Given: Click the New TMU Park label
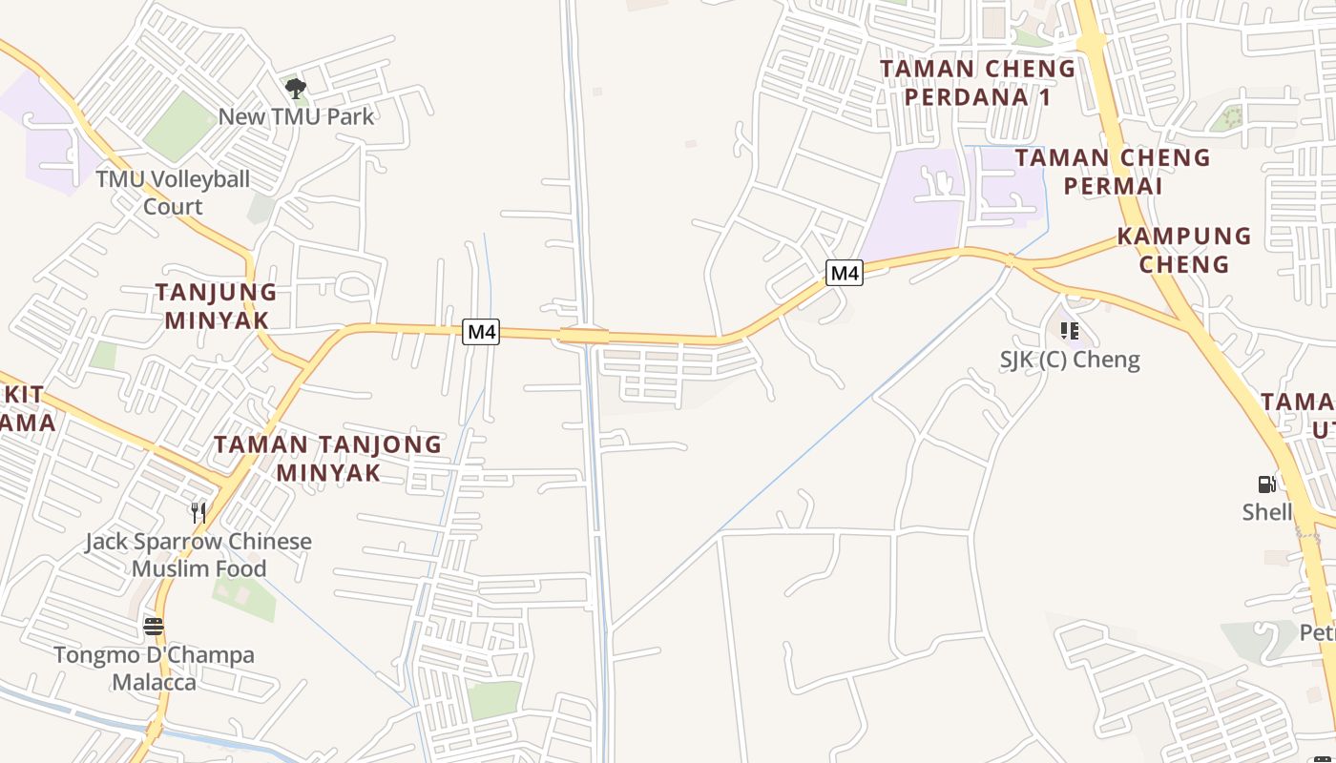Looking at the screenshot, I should [x=296, y=116].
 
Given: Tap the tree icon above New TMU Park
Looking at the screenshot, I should [x=296, y=89].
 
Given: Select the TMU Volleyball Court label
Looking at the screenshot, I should [x=173, y=193].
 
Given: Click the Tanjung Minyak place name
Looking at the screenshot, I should [x=217, y=306].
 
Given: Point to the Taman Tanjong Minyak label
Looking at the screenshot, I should [x=328, y=458].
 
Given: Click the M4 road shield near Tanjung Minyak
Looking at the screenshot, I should [x=481, y=332].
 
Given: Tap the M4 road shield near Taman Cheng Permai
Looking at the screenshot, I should [x=845, y=274].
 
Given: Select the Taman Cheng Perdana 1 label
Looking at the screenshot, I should [x=977, y=83].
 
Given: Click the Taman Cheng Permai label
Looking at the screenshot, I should [x=1113, y=172].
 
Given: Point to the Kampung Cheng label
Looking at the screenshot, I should [x=1184, y=250].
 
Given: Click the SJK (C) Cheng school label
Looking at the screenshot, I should [x=1070, y=360].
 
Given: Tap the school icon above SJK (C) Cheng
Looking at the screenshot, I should [x=1070, y=331].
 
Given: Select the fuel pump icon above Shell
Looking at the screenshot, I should [x=1266, y=485].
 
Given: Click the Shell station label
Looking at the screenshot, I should [x=1266, y=512].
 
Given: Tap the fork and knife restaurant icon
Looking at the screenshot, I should [x=198, y=512].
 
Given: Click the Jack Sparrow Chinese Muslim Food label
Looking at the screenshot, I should [x=198, y=555].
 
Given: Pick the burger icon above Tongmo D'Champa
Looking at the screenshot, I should [x=154, y=627].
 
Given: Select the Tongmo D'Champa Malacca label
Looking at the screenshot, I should [x=154, y=669].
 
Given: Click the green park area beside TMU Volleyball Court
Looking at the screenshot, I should [x=179, y=126].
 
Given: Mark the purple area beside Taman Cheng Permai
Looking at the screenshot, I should [x=916, y=205].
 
